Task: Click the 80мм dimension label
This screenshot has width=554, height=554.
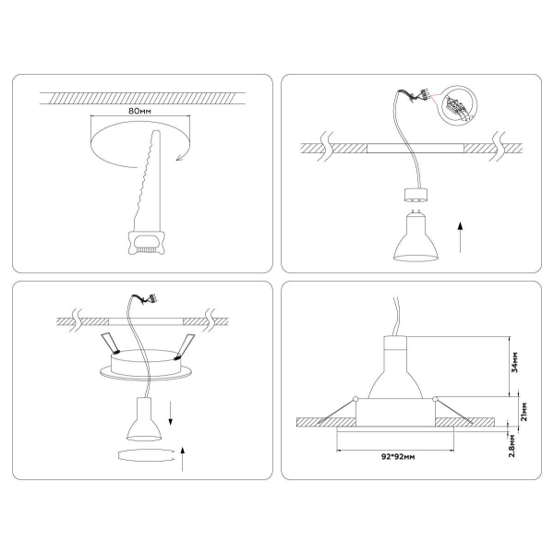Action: tap(139, 110)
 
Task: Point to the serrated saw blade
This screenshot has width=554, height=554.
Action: tap(147, 180)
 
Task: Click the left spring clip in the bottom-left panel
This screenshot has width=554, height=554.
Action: tap(111, 344)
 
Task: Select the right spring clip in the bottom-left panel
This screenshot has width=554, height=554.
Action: tap(187, 344)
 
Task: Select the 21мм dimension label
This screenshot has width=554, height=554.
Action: tap(523, 409)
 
